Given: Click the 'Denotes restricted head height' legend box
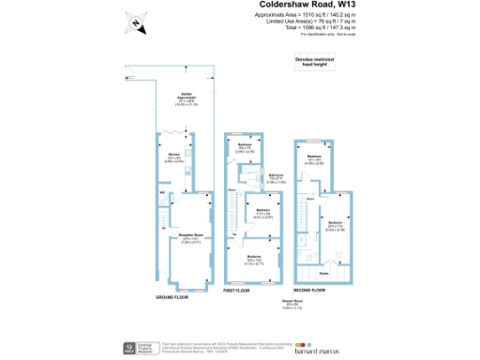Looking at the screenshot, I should [312, 62].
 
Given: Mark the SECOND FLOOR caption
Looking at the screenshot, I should [322, 292].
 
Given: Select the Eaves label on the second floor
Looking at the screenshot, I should [322, 272].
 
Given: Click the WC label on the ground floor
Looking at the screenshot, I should [162, 194].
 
